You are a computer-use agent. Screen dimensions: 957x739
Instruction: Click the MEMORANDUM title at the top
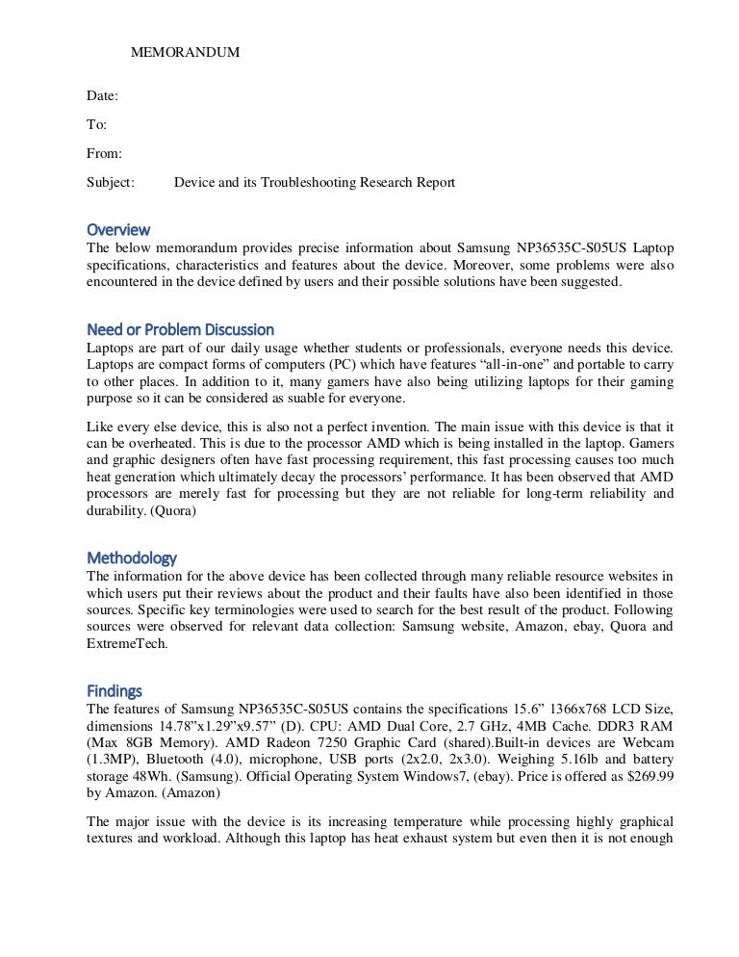click(x=185, y=52)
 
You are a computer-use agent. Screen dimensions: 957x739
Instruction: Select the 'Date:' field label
click(x=103, y=96)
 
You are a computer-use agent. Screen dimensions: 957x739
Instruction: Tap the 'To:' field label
click(x=97, y=125)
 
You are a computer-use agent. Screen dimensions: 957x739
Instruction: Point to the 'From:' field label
click(x=105, y=153)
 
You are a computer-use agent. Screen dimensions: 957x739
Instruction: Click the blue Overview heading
click(x=118, y=230)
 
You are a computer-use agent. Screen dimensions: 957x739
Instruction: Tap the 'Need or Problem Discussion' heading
click(x=180, y=329)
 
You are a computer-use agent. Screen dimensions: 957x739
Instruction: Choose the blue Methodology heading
click(x=132, y=557)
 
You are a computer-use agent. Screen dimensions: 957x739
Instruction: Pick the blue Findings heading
click(x=115, y=690)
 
